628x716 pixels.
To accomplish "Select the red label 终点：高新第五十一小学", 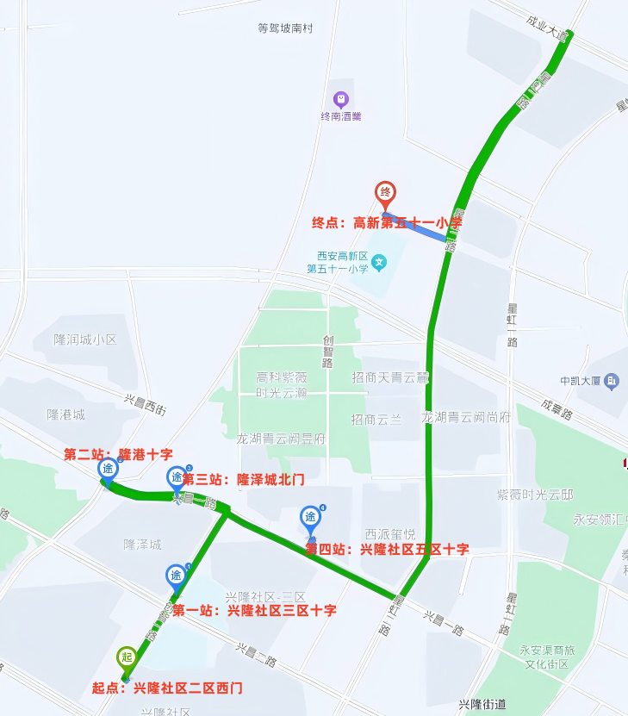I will click(387, 223).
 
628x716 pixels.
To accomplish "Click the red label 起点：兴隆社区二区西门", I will click(167, 688).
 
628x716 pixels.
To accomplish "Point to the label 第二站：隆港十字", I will click(118, 454).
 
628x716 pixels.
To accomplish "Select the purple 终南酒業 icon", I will click(340, 99).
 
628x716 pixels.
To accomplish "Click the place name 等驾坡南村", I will click(284, 28).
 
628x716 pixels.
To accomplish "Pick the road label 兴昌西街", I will click(145, 404).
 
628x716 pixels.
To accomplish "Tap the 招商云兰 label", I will click(376, 420).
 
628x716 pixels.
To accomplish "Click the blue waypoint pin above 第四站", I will click(310, 518).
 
